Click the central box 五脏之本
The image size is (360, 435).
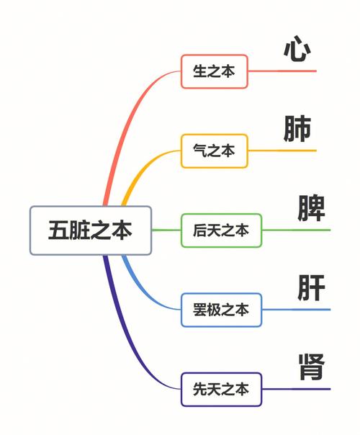click(x=91, y=230)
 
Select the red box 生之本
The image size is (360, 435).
click(x=215, y=71)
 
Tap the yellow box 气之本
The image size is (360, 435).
click(x=215, y=151)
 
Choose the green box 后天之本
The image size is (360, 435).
click(x=221, y=230)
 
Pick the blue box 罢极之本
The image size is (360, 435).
click(x=221, y=310)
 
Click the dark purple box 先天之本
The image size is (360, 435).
click(x=221, y=389)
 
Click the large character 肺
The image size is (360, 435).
click(x=297, y=128)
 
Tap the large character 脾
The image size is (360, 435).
click(x=311, y=208)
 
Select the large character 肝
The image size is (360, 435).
click(x=311, y=287)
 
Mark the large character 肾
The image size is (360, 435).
click(x=311, y=367)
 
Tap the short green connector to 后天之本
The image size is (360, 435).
click(x=166, y=230)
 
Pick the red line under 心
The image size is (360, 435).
click(x=282, y=71)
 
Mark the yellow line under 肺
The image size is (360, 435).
click(x=282, y=151)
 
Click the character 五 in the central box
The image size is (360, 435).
click(x=58, y=230)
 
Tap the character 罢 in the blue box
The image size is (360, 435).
click(x=200, y=310)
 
